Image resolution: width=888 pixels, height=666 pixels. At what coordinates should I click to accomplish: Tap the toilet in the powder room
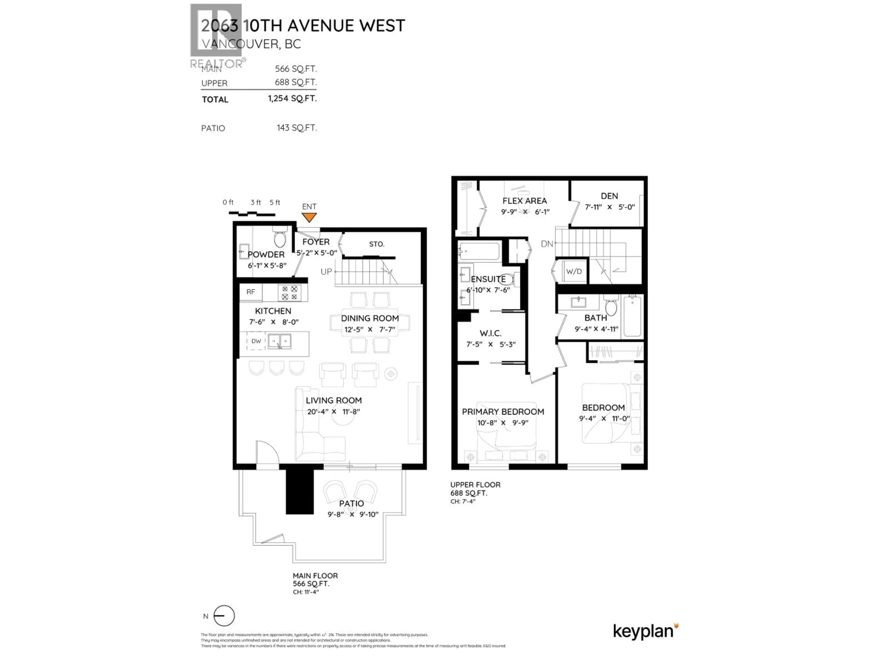point(280,238)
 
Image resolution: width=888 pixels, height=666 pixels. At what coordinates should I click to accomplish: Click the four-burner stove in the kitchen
point(290,293)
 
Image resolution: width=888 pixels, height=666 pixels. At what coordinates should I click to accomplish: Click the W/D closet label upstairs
point(574,271)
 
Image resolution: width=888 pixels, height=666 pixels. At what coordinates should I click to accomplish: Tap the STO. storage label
point(376,244)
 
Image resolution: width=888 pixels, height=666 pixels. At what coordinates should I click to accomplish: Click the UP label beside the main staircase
point(326,272)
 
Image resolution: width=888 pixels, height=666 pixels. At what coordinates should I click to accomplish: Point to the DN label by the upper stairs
point(547,244)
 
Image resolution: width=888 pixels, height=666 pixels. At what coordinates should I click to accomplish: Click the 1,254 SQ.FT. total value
point(292,98)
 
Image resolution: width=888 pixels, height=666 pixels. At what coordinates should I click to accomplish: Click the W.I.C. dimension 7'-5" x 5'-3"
point(490,344)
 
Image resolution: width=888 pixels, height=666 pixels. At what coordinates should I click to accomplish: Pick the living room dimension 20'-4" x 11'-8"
point(334,411)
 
